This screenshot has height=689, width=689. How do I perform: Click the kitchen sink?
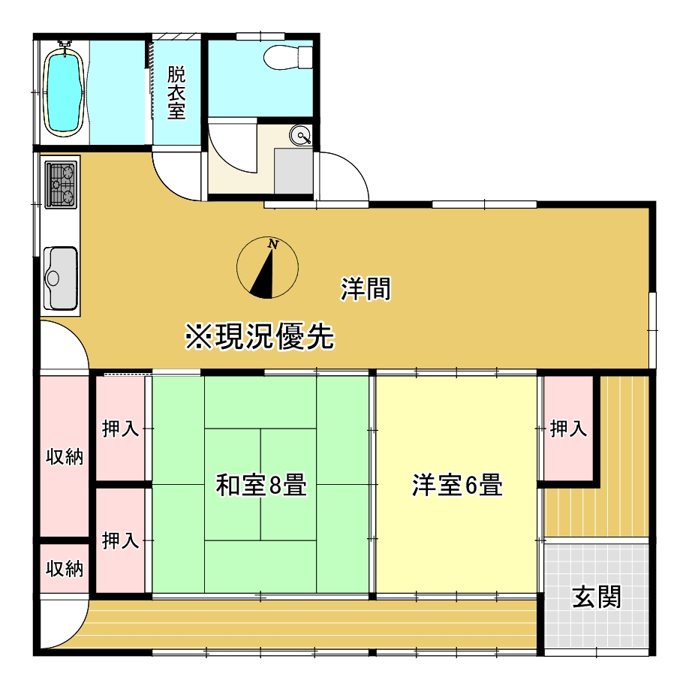coord(61,277)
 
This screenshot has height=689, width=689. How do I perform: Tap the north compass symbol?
coord(267,268)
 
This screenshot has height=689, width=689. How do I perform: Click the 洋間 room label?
coord(366,289)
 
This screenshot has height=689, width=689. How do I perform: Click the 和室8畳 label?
coord(260,486)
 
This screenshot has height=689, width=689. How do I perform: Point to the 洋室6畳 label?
coord(456,486)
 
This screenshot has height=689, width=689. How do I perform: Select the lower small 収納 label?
coord(65,568)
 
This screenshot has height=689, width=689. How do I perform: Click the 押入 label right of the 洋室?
coord(568,429)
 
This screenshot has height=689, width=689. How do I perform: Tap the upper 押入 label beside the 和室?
coord(121,429)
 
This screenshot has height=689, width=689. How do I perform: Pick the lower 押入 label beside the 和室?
coord(121,540)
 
